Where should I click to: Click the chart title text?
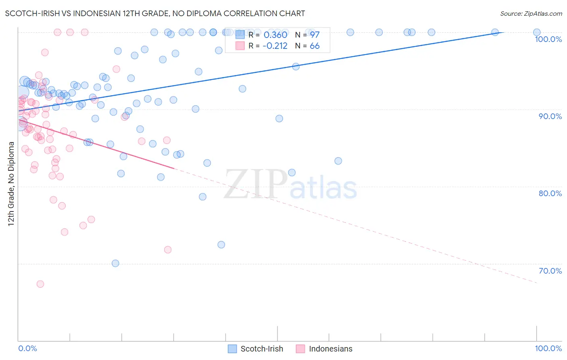pyautogui.click(x=155, y=13)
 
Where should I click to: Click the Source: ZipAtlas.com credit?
pyautogui.click(x=531, y=14)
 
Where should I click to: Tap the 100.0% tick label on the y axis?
pyautogui.click(x=548, y=39)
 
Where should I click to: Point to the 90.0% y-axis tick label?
pyautogui.click(x=550, y=116)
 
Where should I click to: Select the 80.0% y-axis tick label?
pyautogui.click(x=550, y=193)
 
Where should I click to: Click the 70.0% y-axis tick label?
pyautogui.click(x=550, y=271)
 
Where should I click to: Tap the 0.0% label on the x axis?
pyautogui.click(x=27, y=348)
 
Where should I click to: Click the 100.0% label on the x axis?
pyautogui.click(x=548, y=348)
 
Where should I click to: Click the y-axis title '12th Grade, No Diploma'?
pyautogui.click(x=11, y=184)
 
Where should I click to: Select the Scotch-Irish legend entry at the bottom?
pyautogui.click(x=255, y=349)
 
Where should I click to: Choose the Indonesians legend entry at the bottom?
pyautogui.click(x=324, y=349)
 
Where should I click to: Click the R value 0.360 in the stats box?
pyautogui.click(x=275, y=35)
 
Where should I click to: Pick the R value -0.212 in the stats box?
pyautogui.click(x=275, y=46)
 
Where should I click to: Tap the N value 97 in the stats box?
pyautogui.click(x=315, y=35)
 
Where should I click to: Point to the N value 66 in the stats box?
pyautogui.click(x=315, y=46)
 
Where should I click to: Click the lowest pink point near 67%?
pyautogui.click(x=40, y=284)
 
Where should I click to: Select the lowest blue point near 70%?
pyautogui.click(x=115, y=264)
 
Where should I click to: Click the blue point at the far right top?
pyautogui.click(x=537, y=32)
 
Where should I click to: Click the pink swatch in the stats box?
pyautogui.click(x=240, y=46)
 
